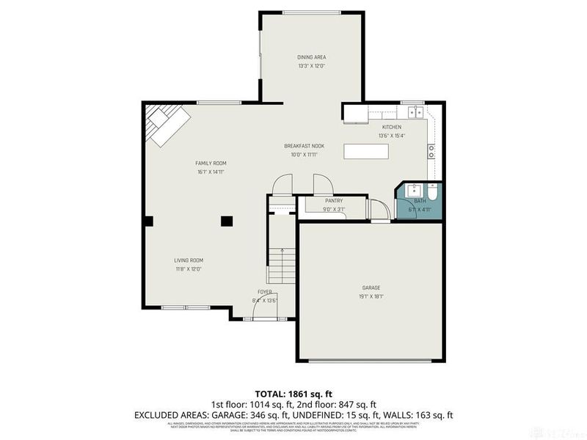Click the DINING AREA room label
[x=311, y=56]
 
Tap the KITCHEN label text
[x=391, y=127]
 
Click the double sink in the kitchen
[x=414, y=111]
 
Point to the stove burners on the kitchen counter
[x=431, y=151]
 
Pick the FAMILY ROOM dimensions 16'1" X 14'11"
[x=211, y=172]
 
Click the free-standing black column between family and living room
[x=227, y=220]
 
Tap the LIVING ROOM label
[x=189, y=260]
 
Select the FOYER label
[x=264, y=291]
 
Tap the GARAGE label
[x=371, y=287]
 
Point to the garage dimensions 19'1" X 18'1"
[x=371, y=296]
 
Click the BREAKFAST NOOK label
[x=304, y=146]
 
